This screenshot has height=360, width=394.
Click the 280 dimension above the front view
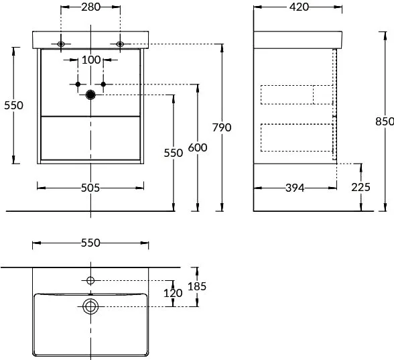click(x=90, y=7)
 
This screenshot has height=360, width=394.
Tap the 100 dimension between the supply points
click(x=91, y=60)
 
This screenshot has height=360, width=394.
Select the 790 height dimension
click(x=222, y=127)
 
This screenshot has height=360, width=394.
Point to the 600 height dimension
click(x=198, y=147)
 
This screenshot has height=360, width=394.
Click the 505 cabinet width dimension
click(x=90, y=188)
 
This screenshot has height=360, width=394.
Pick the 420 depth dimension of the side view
click(x=299, y=7)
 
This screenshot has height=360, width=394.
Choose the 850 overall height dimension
click(x=385, y=121)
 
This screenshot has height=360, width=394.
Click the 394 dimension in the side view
click(x=295, y=188)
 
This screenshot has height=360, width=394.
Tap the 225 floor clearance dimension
click(x=360, y=187)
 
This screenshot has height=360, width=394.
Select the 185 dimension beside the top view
click(x=197, y=286)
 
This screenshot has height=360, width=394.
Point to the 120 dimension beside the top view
click(x=173, y=293)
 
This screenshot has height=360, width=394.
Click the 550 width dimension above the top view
click(x=90, y=243)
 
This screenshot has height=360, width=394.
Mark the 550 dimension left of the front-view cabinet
click(x=13, y=105)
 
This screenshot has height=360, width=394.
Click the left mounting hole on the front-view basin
click(x=61, y=44)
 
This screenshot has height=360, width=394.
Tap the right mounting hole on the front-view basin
click(x=120, y=44)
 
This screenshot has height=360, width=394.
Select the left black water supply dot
click(x=78, y=84)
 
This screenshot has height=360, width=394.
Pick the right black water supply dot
click(x=103, y=84)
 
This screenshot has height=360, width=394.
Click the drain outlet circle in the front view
click(x=90, y=95)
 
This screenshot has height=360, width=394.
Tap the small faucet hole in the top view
click(x=90, y=280)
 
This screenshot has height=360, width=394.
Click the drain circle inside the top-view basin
click(x=90, y=306)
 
